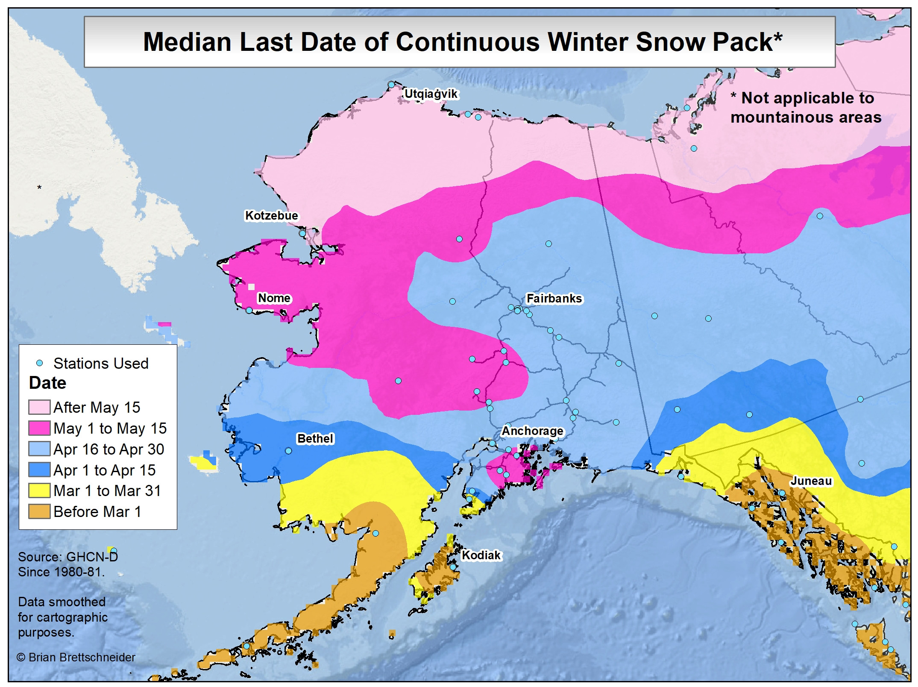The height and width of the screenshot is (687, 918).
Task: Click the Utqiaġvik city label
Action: tap(431, 94)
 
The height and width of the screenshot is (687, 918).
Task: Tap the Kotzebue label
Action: tap(271, 216)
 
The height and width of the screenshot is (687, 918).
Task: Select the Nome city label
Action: tap(274, 298)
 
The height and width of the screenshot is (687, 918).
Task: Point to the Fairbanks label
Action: tap(554, 299)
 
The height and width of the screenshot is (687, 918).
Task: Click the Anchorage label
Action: tap(532, 431)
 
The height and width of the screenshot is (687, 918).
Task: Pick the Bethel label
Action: tap(315, 439)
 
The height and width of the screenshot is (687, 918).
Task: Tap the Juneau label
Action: tap(811, 481)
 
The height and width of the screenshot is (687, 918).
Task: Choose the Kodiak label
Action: tap(481, 555)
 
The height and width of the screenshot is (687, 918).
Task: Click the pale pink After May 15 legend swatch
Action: tap(39, 408)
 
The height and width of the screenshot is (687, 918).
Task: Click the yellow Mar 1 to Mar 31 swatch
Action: tap(39, 491)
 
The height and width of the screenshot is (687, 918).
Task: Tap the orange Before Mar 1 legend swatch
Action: tap(39, 512)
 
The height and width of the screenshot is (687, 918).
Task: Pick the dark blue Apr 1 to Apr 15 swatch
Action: tap(39, 470)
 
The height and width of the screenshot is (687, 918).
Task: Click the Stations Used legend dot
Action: tap(40, 364)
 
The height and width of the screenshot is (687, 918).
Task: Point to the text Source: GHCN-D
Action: tap(67, 557)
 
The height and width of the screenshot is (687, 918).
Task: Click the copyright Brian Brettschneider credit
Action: tap(76, 658)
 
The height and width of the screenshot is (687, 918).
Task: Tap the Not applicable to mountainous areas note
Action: tap(805, 108)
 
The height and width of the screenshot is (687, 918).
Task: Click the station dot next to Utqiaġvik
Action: tap(391, 85)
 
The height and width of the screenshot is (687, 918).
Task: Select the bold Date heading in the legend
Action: tap(47, 383)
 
